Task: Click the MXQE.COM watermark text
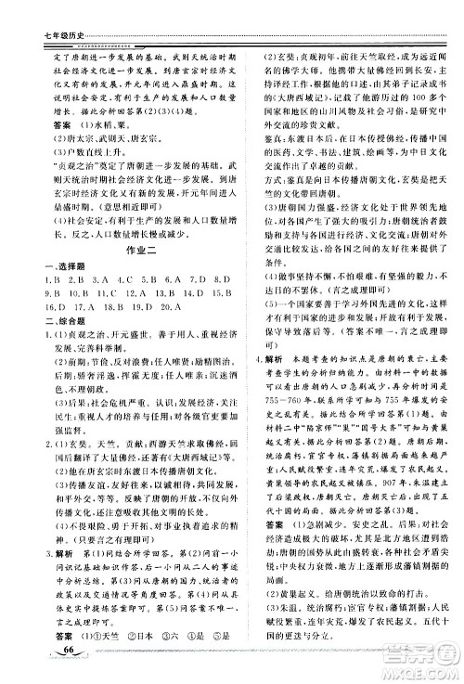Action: coord(427,665)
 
